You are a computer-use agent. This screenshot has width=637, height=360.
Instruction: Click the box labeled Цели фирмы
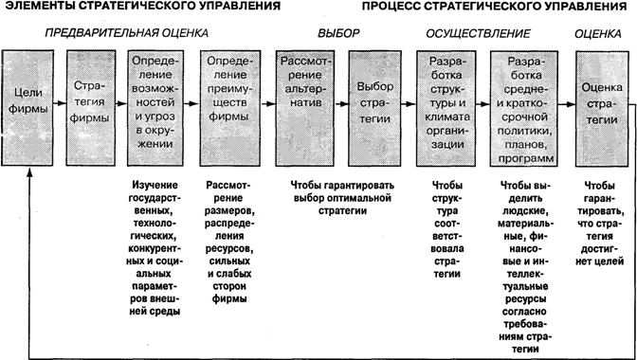pyautogui.click(x=27, y=108)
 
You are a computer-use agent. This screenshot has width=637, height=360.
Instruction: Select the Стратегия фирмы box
pyautogui.click(x=91, y=108)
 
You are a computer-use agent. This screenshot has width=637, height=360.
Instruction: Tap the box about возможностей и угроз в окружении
pyautogui.click(x=155, y=108)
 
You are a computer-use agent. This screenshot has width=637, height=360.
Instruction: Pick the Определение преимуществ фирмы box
pyautogui.click(x=227, y=108)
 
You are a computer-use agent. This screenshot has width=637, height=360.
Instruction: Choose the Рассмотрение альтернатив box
pyautogui.click(x=305, y=108)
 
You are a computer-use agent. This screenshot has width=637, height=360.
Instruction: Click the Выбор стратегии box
pyautogui.click(x=375, y=108)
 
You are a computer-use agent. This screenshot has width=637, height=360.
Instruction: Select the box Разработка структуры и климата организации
pyautogui.click(x=446, y=108)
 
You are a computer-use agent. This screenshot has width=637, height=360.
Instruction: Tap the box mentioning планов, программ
pyautogui.click(x=524, y=108)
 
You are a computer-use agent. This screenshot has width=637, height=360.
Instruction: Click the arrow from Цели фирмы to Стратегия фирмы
pyautogui.click(x=60, y=103)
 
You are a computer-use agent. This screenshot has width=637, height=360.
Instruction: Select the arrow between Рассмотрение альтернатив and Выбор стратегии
pyautogui.click(x=341, y=104)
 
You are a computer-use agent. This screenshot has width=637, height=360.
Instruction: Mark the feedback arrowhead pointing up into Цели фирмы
pyautogui.click(x=29, y=171)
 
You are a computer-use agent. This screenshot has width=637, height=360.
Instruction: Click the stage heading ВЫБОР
pyautogui.click(x=338, y=34)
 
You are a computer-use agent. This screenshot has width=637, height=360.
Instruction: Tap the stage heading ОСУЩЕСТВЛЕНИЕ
pyautogui.click(x=478, y=34)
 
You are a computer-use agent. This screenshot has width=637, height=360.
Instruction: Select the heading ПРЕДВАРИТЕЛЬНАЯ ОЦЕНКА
pyautogui.click(x=126, y=33)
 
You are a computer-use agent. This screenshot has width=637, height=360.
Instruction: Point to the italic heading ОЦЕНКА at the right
pyautogui.click(x=597, y=34)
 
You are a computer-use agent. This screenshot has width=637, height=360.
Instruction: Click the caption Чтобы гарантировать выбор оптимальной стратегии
pyautogui.click(x=342, y=198)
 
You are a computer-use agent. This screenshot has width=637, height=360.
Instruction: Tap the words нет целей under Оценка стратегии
pyautogui.click(x=600, y=261)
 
